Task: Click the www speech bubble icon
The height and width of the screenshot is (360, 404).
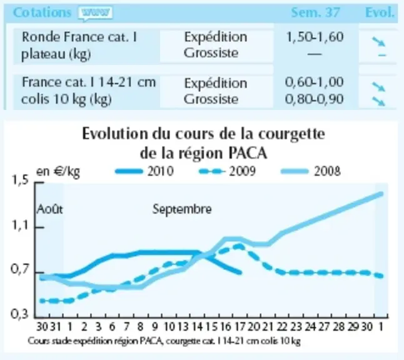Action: pos(96,13)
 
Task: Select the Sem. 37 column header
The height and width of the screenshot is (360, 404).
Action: pos(315,12)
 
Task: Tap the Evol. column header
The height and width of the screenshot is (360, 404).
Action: pos(380,12)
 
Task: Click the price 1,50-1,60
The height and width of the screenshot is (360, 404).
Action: pos(315,37)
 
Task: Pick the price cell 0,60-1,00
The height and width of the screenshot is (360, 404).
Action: pos(315,82)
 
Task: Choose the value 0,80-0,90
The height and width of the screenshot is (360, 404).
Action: pos(315,99)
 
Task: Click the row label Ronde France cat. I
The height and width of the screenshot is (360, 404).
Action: pos(79,37)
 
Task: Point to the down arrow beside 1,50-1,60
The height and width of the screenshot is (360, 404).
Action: pos(378,41)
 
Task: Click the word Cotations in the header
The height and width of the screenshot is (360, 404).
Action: pos(42,12)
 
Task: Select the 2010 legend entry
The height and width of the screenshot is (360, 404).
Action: pos(144,171)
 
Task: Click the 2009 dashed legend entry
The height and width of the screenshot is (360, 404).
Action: pos(228,171)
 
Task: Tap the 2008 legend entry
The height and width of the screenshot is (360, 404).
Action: pos(311,171)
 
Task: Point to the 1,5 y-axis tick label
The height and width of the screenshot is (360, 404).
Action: pos(19,179)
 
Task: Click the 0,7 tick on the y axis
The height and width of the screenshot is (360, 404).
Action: pos(19,269)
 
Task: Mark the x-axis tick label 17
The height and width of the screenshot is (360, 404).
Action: pos(240,327)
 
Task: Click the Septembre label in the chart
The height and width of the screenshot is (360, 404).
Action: pos(182,209)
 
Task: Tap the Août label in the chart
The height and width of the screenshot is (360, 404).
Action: pos(50,209)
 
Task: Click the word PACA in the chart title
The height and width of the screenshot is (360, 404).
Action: pos(248,154)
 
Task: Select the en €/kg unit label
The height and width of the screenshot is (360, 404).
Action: pos(58,171)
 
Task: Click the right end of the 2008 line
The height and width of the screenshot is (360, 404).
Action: pos(381,194)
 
